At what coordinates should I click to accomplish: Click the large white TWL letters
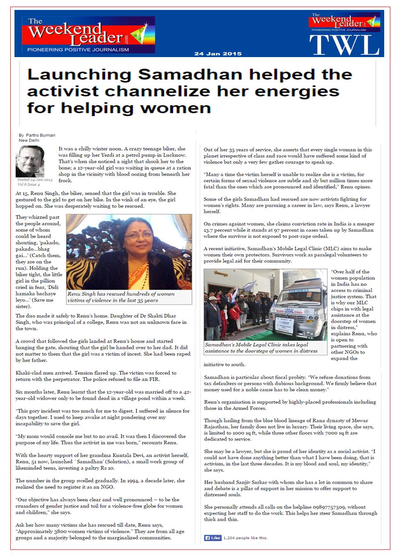pos(344,45)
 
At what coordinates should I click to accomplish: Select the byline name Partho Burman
pos(41,135)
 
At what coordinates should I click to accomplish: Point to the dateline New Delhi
pos(29,141)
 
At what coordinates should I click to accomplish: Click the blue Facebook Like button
pos(213,538)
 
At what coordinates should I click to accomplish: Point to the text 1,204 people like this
pos(245,538)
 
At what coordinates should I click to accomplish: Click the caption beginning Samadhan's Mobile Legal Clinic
pos(261,347)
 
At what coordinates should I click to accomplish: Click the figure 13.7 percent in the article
pos(220,230)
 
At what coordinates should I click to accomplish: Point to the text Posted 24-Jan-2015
pos(35,180)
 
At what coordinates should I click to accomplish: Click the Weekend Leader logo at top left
pos(85,35)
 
